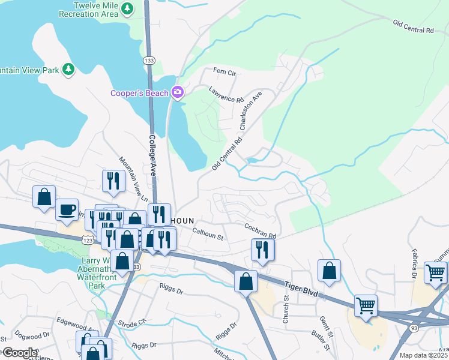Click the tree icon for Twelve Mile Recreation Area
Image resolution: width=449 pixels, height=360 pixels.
[127, 8]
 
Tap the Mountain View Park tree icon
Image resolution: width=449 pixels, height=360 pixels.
[69, 70]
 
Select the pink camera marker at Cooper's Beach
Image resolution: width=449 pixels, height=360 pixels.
[177, 92]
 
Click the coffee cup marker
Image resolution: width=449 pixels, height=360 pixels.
[67, 210]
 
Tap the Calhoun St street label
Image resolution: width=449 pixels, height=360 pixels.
[208, 234]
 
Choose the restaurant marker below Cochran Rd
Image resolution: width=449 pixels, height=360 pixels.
[262, 248]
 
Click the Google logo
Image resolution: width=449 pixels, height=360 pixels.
[19, 352]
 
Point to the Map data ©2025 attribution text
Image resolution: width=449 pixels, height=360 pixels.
[423, 355]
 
